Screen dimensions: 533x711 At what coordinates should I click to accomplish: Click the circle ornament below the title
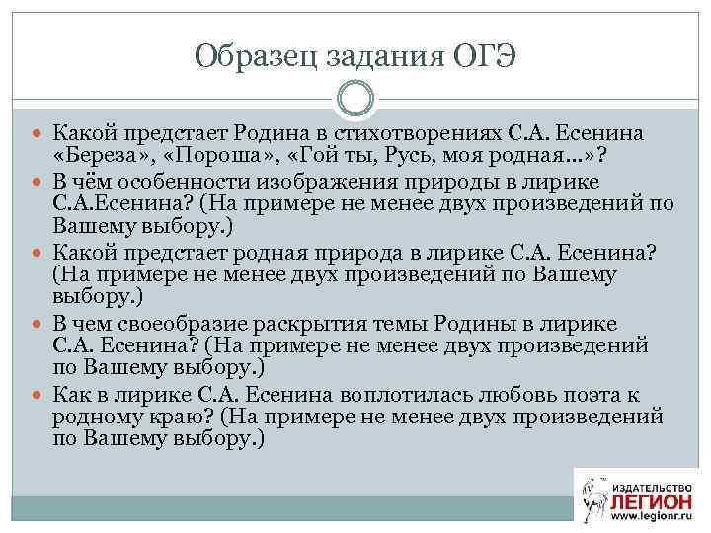point(355,99)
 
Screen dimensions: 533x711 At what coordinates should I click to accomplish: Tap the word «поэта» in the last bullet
point(595,394)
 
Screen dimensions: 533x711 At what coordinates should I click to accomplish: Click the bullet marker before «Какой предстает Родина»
point(38,132)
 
